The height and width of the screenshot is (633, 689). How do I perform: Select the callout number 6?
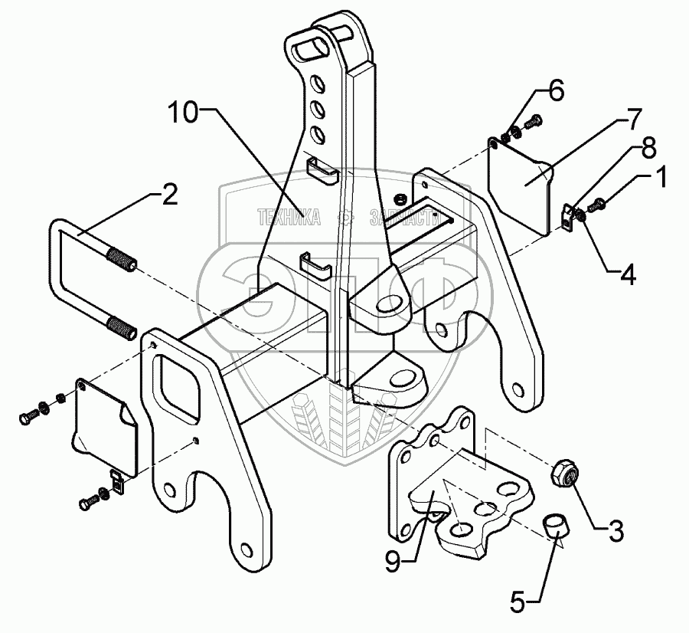pos(555,92)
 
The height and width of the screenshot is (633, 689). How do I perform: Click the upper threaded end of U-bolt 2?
pos(122,258)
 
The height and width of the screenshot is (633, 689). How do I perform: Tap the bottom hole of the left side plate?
pos(246,549)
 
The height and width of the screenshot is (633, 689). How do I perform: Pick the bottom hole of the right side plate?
pos(523,389)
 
